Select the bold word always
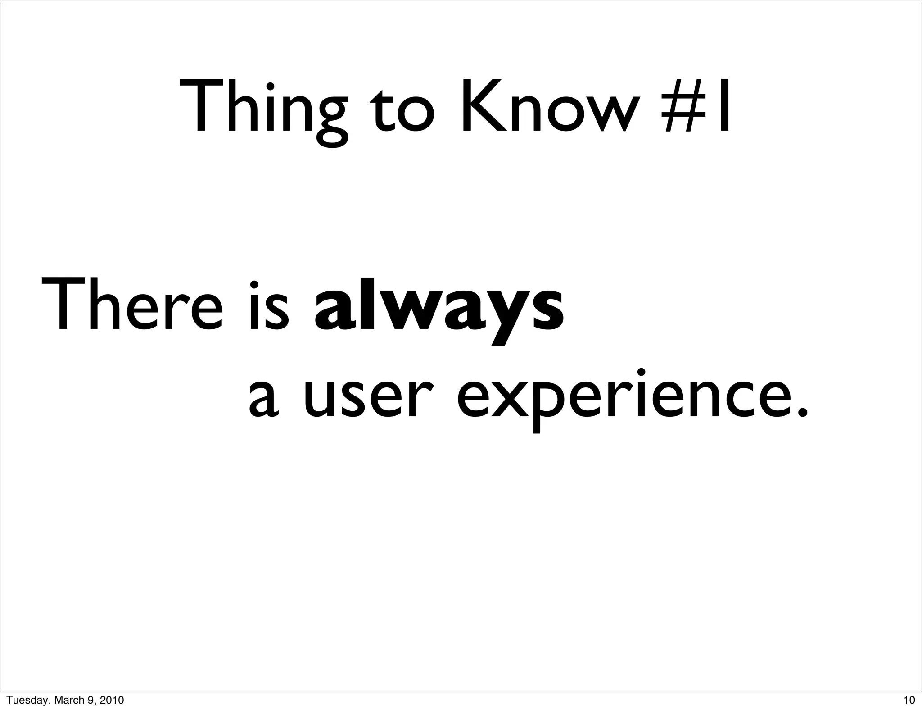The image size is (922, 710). [x=438, y=309]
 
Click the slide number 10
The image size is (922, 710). [x=909, y=700]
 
